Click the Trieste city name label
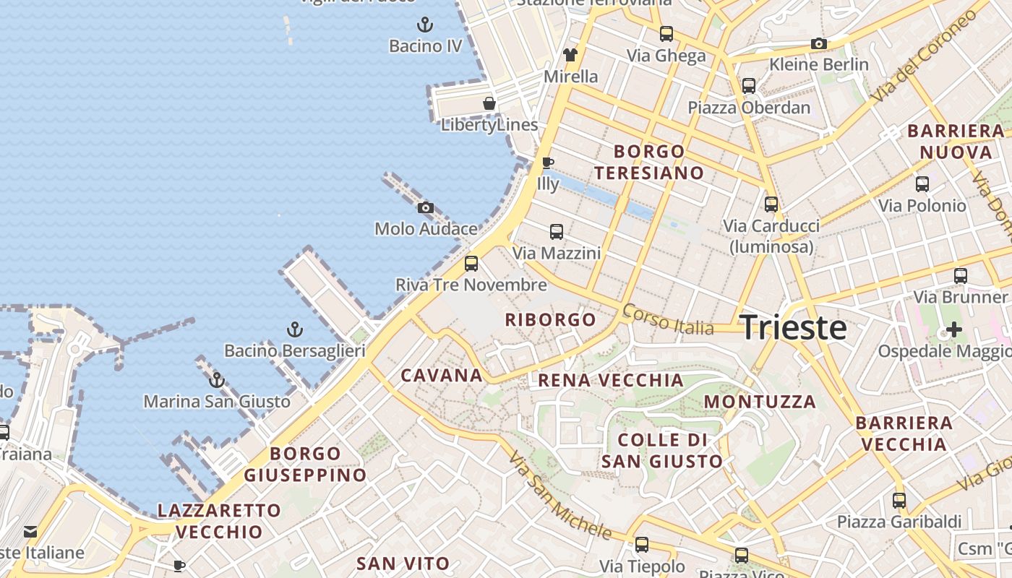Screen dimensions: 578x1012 pyautogui.click(x=793, y=328)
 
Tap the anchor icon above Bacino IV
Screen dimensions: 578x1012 pyautogui.click(x=426, y=25)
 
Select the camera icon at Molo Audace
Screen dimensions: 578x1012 pyautogui.click(x=426, y=208)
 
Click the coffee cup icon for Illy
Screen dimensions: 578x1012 pyautogui.click(x=548, y=163)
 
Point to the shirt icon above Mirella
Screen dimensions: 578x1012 pyautogui.click(x=570, y=55)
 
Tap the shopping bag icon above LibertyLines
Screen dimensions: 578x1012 pyautogui.click(x=489, y=103)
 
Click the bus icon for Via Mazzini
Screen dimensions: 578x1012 pyautogui.click(x=556, y=232)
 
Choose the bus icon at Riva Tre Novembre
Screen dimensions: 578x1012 pyautogui.click(x=471, y=264)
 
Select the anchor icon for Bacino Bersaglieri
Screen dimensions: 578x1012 pyautogui.click(x=294, y=330)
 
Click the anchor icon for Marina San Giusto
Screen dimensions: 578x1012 pyautogui.click(x=217, y=380)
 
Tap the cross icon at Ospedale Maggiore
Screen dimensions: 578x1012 pyautogui.click(x=954, y=330)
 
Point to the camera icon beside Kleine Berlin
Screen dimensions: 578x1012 pyautogui.click(x=818, y=44)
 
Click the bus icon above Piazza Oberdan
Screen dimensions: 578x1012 pyautogui.click(x=749, y=86)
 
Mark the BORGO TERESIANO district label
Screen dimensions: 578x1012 pyautogui.click(x=648, y=162)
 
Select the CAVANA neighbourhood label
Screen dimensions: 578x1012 pyautogui.click(x=442, y=375)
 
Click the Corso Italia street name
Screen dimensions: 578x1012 pyautogui.click(x=667, y=319)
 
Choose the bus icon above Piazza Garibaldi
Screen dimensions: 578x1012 pyautogui.click(x=899, y=501)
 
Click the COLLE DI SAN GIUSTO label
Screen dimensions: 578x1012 pyautogui.click(x=661, y=450)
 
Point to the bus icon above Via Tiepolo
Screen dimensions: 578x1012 pyautogui.click(x=642, y=545)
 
